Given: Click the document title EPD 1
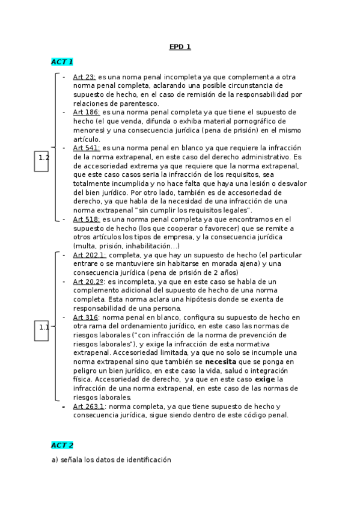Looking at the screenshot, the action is coord(179,47).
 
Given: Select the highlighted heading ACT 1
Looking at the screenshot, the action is coord(62,62).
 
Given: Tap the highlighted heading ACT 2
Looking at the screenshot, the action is coord(62,445).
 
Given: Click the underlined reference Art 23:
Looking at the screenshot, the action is coord(84,77).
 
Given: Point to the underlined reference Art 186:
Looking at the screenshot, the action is coord(87,112).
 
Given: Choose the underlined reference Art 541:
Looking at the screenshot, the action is coord(87,147).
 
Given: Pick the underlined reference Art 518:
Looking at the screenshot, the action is coord(87,220).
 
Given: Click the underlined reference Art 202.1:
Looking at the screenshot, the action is coord(90,255).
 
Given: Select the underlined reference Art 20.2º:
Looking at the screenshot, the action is coord(89,281).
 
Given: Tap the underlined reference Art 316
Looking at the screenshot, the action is coord(85,317).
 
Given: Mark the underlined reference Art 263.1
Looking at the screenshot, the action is coord(89,407).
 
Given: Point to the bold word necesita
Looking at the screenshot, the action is coord(221,362).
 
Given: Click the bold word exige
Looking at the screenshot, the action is coord(264,379).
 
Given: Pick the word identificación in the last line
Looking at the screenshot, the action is coord(145,460).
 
